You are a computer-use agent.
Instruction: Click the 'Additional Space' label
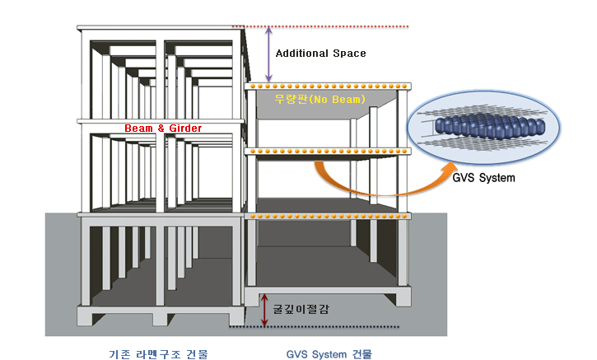tap(320, 54)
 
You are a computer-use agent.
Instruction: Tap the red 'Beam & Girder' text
tap(163, 129)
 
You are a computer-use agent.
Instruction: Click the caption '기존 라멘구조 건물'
tap(158, 354)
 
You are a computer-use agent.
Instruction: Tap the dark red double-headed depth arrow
tap(264, 310)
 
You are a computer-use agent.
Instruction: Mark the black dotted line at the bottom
tap(329, 327)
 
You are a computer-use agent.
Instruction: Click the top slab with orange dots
tap(327, 86)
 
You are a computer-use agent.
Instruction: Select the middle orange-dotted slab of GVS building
tap(327, 152)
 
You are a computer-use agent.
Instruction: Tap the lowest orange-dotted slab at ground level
tap(327, 216)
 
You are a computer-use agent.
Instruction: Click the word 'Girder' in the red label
tap(184, 129)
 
